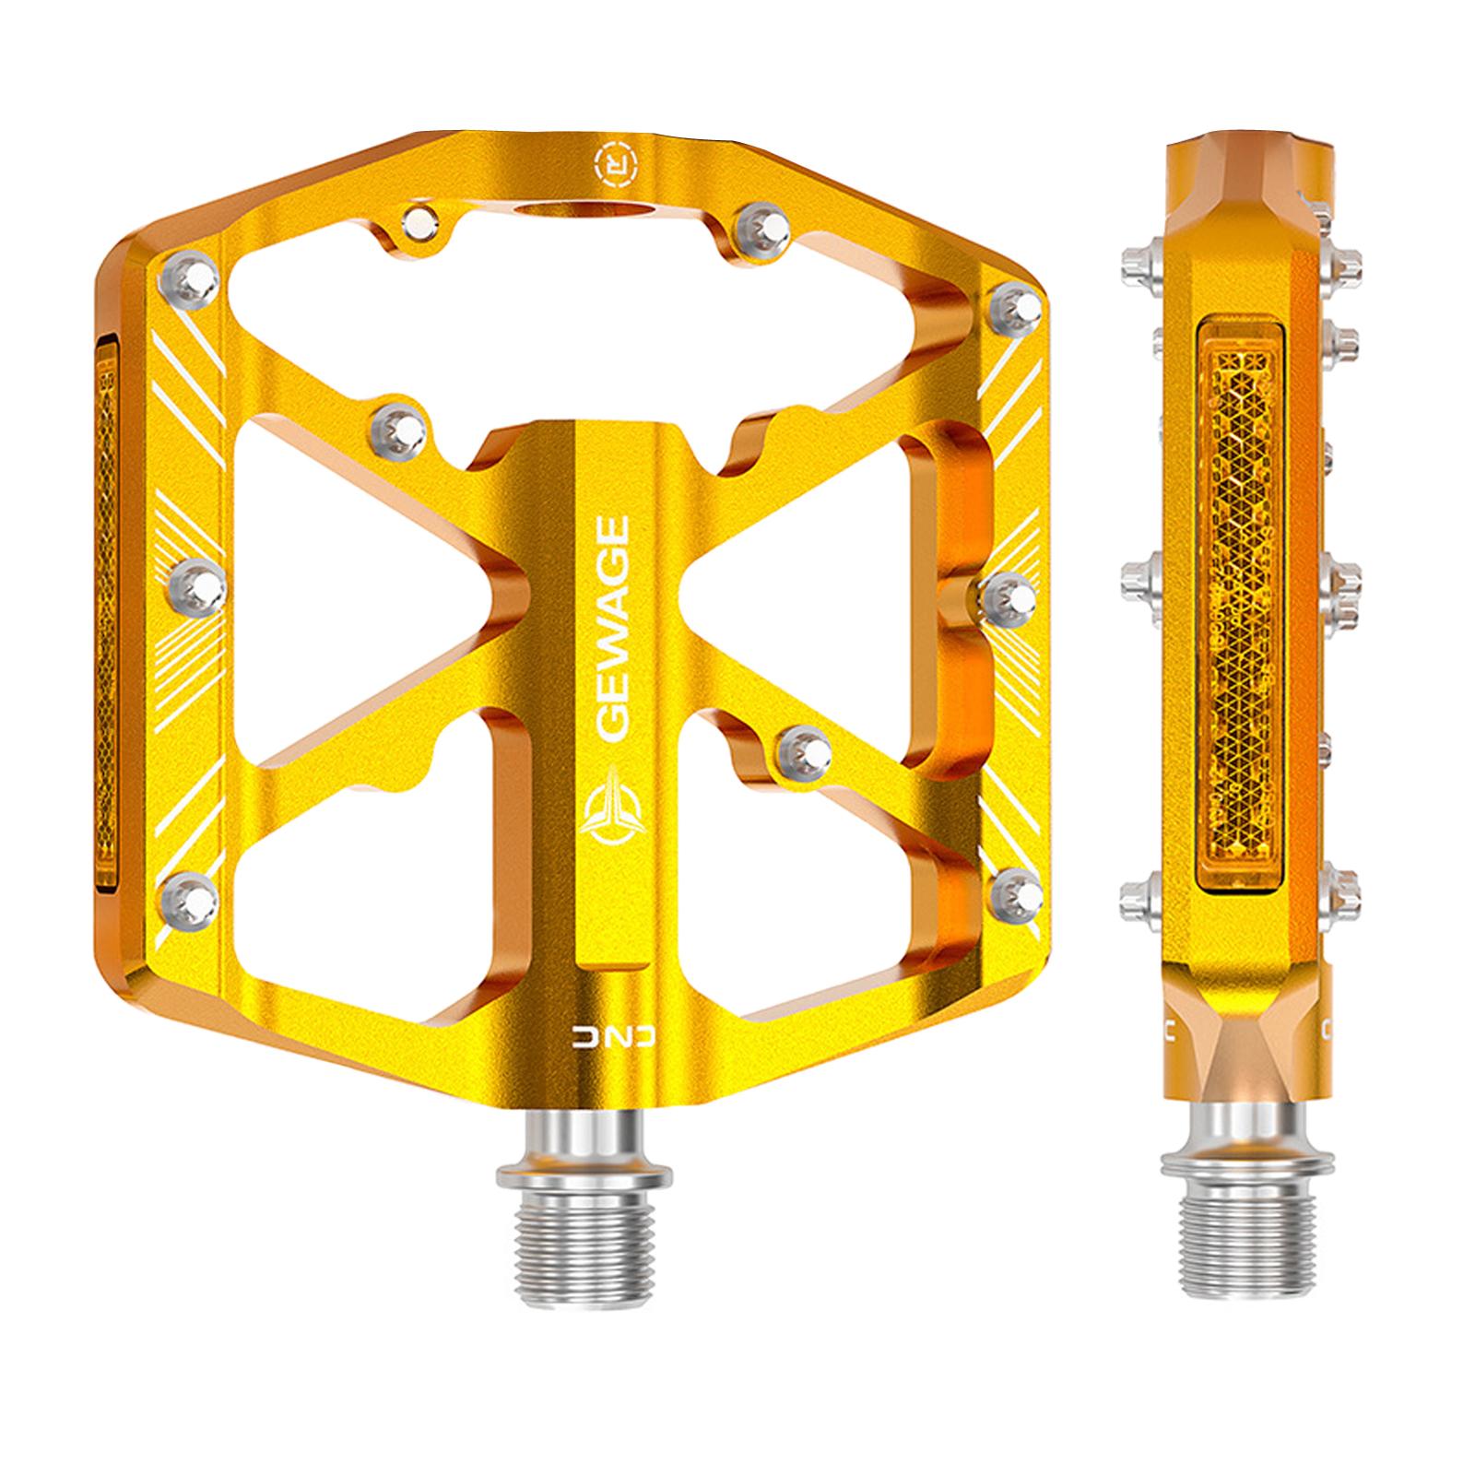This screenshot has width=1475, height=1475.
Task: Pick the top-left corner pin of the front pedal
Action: (x=190, y=276)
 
